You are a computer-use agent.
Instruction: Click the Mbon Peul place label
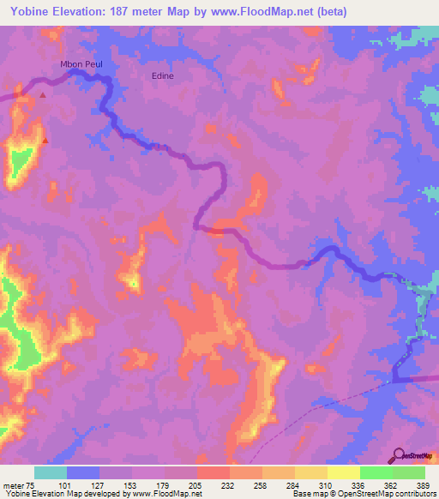[x=81, y=64]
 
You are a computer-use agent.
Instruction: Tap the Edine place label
[x=162, y=75]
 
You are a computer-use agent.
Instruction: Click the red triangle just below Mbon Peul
[x=41, y=94]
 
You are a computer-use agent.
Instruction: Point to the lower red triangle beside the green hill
[x=45, y=141]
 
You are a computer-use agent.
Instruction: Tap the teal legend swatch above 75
[x=51, y=472]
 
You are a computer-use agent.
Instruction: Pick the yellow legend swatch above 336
[x=344, y=472]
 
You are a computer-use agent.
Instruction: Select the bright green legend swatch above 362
[x=376, y=472]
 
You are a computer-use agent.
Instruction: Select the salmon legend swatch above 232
[x=213, y=472]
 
